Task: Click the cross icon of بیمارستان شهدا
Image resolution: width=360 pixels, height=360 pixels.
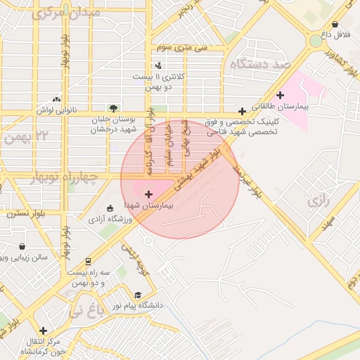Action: pyautogui.click(x=148, y=193)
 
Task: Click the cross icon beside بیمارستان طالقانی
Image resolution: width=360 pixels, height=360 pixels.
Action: pyautogui.click(x=280, y=95)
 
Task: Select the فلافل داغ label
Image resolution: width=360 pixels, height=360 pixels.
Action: pyautogui.click(x=339, y=34)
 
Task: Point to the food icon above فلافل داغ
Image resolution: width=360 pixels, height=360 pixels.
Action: pyautogui.click(x=335, y=22)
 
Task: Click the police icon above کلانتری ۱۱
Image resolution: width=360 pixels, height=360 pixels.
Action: pyautogui.click(x=159, y=65)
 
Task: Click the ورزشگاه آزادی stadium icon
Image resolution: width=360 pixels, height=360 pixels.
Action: pyautogui.click(x=110, y=208)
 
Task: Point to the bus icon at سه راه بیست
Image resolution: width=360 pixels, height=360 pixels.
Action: pyautogui.click(x=88, y=260)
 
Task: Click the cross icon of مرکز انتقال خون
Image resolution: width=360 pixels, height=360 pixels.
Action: pyautogui.click(x=44, y=330)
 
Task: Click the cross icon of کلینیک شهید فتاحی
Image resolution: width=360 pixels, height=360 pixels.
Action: pyautogui.click(x=242, y=111)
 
